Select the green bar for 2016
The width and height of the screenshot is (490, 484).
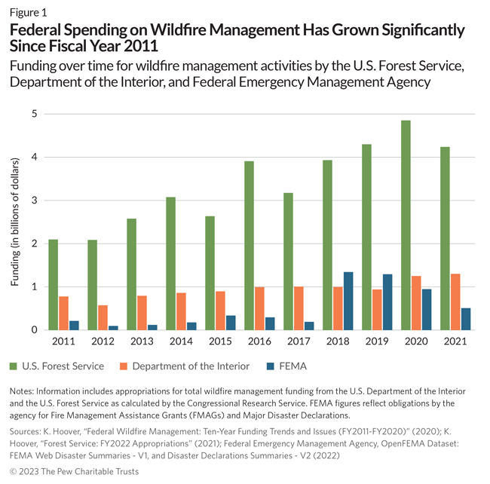pos(249,245)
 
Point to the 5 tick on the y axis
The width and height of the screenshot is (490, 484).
pos(34,114)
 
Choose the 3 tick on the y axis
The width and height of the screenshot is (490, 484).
pos(34,201)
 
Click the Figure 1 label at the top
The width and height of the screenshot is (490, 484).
pos(28,11)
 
